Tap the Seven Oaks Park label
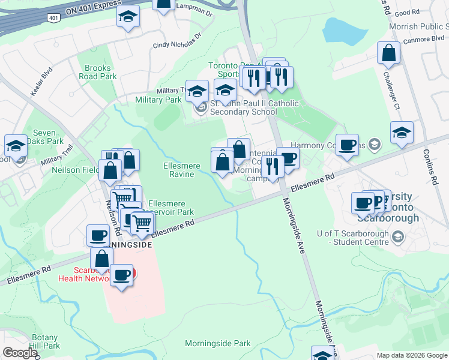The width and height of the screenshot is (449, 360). point(48,137)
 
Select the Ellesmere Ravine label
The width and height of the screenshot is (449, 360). point(178,170)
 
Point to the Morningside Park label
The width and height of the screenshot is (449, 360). point(217,343)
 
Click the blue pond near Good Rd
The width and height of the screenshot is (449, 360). point(338,29)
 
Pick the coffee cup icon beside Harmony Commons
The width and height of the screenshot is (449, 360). point(346,145)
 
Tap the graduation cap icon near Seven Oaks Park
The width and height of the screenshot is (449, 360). point(16,145)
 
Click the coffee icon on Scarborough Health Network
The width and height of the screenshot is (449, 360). point(122,275)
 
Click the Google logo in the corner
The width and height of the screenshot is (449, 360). point(20,353)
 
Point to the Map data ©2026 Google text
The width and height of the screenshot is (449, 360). point(412,355)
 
